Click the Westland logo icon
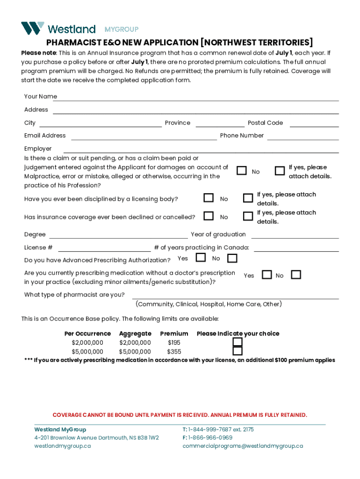click(33, 28)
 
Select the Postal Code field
click(314, 123)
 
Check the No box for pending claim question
click(241, 171)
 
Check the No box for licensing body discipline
click(209, 198)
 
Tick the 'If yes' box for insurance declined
click(248, 216)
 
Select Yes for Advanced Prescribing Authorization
click(201, 258)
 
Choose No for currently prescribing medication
click(295, 275)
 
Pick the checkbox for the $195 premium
click(238, 342)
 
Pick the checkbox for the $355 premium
click(238, 351)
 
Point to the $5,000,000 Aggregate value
click(135, 352)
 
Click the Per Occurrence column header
click(87, 334)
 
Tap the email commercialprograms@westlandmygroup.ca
click(242, 446)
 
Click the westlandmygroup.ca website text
click(62, 446)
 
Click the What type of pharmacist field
click(235, 295)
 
